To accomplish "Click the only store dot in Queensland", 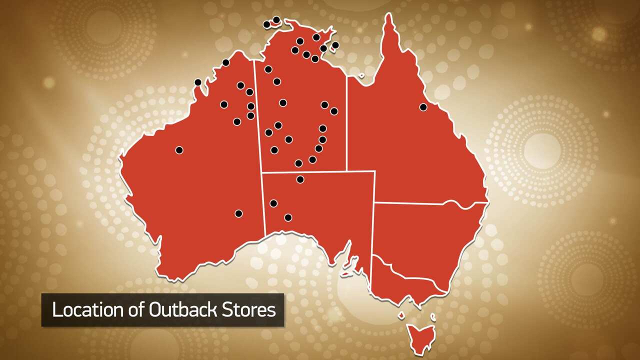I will click(423, 107).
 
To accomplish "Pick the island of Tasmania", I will click(421, 335).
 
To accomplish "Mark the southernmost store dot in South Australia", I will click(288, 217).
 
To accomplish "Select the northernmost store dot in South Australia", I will click(300, 179).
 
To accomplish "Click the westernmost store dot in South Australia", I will click(273, 203).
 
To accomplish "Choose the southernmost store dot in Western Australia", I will click(238, 213).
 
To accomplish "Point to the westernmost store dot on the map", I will click(179, 150).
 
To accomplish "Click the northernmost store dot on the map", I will click(276, 19).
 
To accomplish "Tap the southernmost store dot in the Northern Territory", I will click(298, 163).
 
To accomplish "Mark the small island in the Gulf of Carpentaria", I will click(361, 76).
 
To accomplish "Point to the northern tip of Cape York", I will click(388, 15).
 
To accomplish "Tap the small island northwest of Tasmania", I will click(401, 316).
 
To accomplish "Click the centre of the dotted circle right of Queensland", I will click(542, 150).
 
